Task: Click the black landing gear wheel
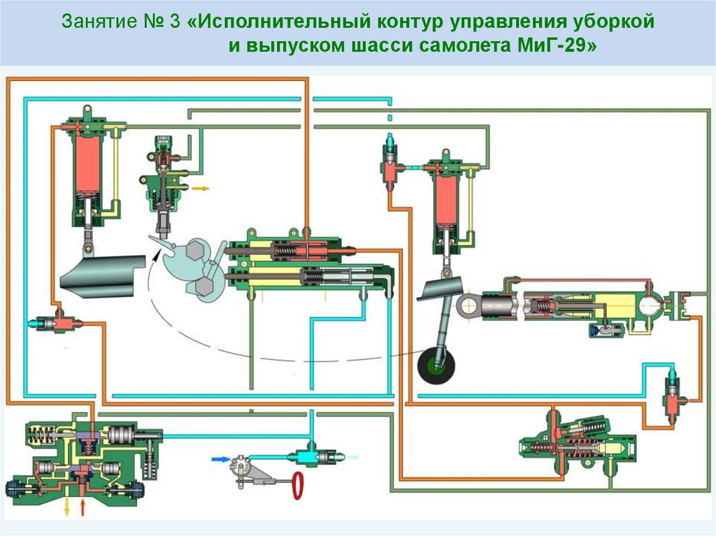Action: [x=436, y=367]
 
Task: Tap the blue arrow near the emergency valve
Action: [x=220, y=459]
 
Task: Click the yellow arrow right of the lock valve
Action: [x=201, y=188]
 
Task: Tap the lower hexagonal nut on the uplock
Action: [x=203, y=287]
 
